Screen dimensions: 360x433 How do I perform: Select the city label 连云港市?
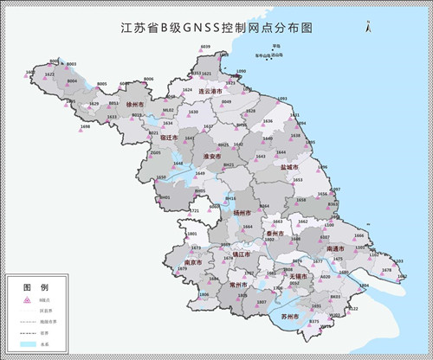click(211, 90)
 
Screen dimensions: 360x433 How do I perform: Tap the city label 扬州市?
click(242, 212)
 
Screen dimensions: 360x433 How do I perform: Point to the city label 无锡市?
click(299, 276)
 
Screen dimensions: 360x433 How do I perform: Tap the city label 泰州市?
click(275, 234)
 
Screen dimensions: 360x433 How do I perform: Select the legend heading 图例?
click(29, 286)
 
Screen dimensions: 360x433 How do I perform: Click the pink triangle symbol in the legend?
click(25, 299)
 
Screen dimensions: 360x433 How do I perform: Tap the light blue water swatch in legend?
click(26, 344)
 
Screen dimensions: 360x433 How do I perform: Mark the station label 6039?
click(205, 45)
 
